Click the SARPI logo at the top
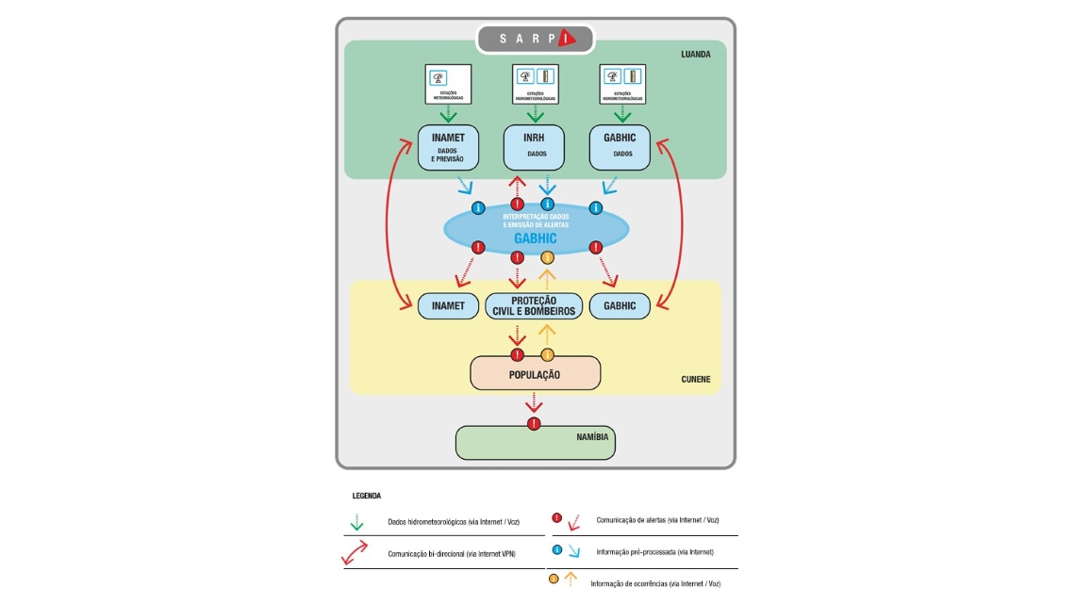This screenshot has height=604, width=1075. (x=535, y=39)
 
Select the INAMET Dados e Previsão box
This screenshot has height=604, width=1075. (x=448, y=147)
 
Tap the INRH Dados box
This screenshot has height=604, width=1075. (x=534, y=147)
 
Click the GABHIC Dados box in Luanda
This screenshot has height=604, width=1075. (x=620, y=147)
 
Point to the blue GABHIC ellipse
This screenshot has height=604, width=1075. (x=536, y=229)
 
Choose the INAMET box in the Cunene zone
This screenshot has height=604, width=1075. (x=448, y=306)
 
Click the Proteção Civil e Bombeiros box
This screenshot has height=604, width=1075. (x=534, y=306)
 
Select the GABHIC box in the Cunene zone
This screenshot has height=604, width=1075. (x=620, y=306)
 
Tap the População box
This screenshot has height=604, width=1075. (x=535, y=374)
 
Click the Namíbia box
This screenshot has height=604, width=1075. (x=535, y=442)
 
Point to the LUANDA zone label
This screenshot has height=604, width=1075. (x=696, y=54)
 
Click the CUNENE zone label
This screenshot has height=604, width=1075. (x=696, y=380)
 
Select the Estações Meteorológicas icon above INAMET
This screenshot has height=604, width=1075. (x=448, y=83)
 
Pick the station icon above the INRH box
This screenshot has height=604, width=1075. (x=535, y=83)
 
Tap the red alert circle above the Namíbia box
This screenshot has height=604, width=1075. (x=535, y=424)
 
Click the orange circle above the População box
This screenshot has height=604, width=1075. (x=547, y=355)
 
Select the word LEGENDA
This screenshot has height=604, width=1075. (x=366, y=495)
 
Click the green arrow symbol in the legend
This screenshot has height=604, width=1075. (x=356, y=521)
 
